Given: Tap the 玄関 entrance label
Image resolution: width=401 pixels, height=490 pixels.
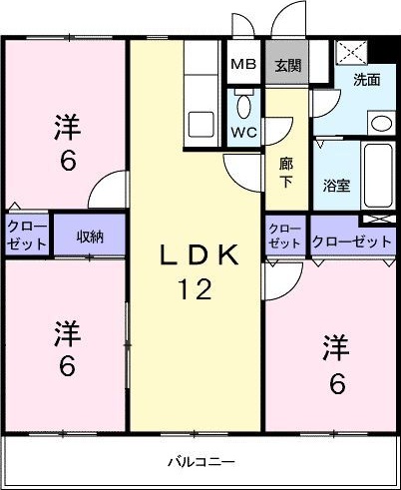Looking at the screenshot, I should (x=287, y=65).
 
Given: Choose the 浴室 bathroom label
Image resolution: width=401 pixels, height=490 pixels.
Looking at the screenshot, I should (x=336, y=186).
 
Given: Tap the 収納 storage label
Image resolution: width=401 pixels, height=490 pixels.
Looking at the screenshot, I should (x=91, y=237).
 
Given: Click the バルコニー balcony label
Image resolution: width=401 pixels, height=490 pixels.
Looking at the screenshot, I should (x=200, y=462).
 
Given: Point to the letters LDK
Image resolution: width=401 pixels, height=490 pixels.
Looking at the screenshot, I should (x=200, y=257).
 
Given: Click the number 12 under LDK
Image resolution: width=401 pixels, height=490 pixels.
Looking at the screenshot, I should (x=196, y=290).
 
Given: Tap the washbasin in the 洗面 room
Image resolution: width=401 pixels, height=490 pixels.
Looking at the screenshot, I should (x=380, y=124).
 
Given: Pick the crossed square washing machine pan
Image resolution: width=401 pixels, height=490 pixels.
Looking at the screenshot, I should (x=350, y=53).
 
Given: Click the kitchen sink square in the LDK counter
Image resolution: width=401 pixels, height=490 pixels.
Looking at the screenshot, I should (x=201, y=126).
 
